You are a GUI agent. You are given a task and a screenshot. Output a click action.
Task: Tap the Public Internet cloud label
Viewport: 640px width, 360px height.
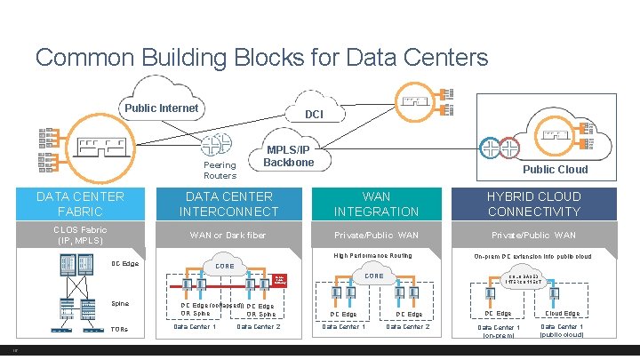161,108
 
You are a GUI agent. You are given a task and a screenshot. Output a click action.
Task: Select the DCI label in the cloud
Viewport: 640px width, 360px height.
314,115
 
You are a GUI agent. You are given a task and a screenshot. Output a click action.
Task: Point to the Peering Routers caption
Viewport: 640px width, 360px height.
220,170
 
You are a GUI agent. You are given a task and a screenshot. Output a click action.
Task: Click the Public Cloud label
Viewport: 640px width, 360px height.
555,169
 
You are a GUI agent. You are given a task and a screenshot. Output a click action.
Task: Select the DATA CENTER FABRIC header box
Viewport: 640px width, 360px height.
80,204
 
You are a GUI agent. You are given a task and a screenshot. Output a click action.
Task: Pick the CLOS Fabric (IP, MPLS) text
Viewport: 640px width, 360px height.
80,235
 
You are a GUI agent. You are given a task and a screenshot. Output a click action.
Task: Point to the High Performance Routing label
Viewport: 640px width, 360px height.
372,256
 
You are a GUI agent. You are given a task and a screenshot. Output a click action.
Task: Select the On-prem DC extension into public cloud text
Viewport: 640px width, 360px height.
532,256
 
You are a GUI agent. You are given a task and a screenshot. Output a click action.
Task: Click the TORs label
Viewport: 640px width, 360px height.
119,330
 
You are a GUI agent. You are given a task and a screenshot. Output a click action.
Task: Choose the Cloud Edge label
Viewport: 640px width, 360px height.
562,313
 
